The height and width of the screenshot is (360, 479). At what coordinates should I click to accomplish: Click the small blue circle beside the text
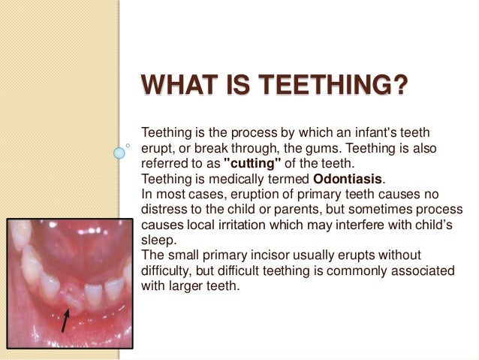pos(119,153)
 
